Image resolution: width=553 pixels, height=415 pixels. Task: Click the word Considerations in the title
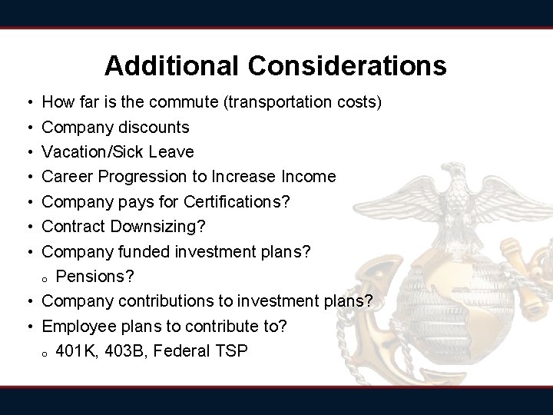pyautogui.click(x=346, y=66)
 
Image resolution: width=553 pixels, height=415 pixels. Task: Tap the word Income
pyautogui.click(x=309, y=177)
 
